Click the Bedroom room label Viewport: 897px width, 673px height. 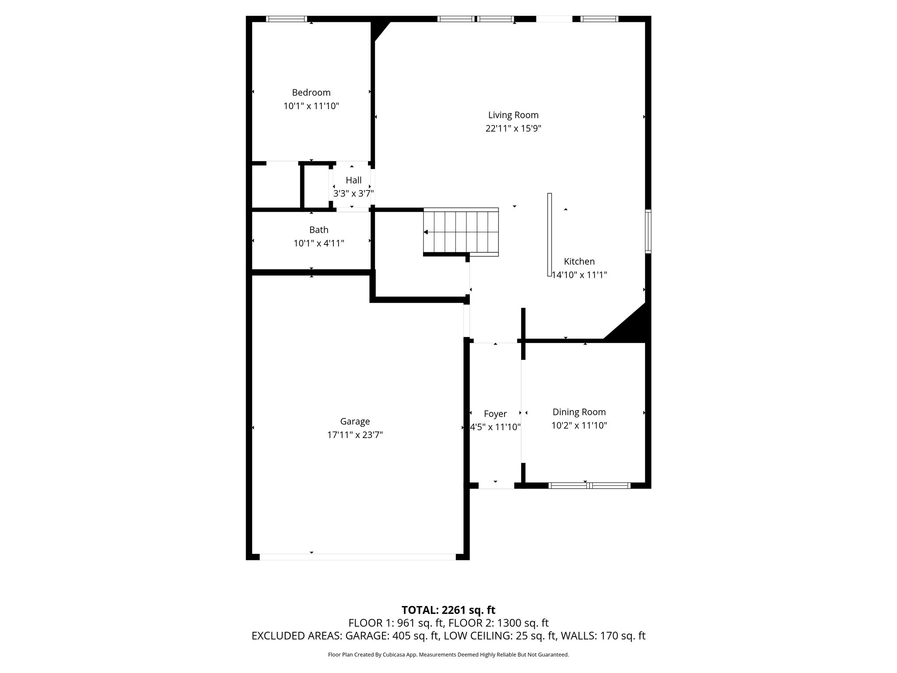311,92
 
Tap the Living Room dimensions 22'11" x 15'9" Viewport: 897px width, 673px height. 513,128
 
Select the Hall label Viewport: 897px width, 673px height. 353,180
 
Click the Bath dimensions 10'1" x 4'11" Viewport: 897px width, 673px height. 318,243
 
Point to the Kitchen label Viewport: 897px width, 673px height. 579,262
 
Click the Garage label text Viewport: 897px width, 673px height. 355,422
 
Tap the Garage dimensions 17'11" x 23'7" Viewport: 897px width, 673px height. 355,435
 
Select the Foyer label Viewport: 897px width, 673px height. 495,414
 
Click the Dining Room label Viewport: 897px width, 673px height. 579,412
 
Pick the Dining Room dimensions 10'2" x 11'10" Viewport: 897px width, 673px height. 579,425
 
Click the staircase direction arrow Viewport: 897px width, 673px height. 426,232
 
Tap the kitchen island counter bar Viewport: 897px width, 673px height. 549,234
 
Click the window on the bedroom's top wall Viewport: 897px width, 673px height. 286,19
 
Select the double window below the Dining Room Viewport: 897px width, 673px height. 589,485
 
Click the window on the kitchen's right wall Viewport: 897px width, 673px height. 648,231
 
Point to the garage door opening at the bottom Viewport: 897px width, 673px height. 357,557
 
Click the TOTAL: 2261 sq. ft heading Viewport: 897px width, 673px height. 448,610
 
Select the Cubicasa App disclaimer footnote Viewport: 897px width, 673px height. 448,655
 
